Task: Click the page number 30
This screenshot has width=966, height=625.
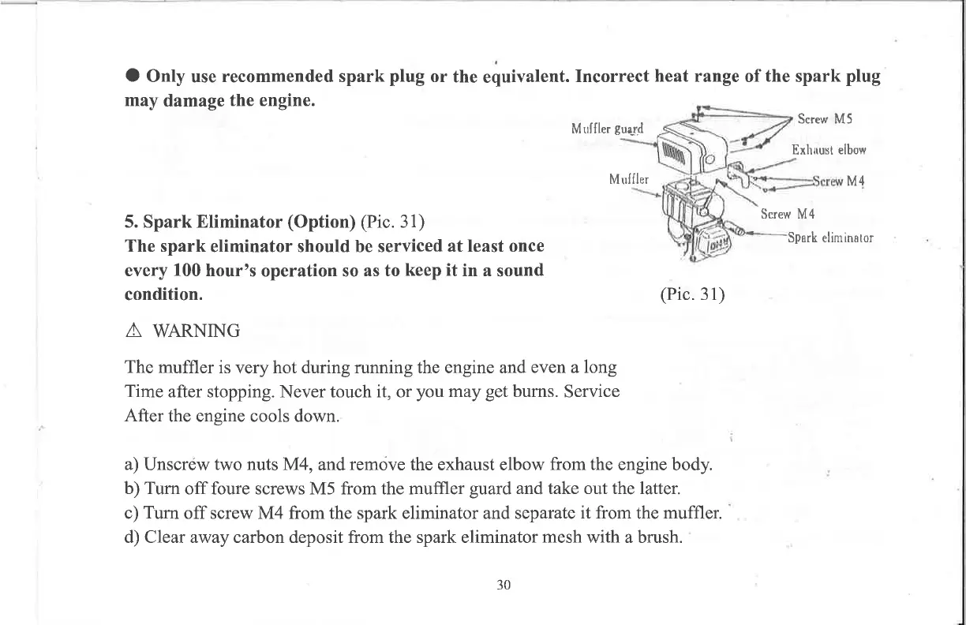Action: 504,585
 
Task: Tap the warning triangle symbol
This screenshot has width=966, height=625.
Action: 133,330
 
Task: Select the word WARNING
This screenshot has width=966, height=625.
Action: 197,331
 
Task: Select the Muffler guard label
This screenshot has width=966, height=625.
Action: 606,129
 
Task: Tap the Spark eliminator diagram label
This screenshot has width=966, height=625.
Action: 829,237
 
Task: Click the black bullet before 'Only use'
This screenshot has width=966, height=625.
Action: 133,77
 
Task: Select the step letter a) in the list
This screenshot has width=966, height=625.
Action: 133,463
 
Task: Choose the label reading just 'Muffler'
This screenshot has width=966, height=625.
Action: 628,179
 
